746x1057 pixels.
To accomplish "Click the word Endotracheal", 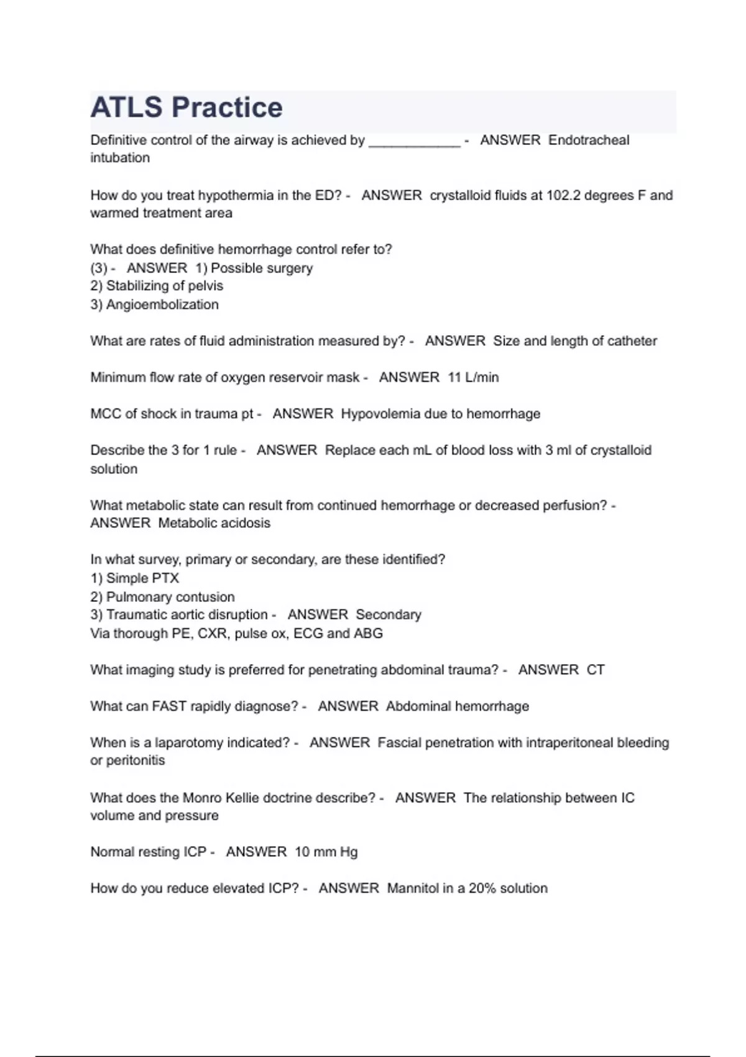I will coord(589,141).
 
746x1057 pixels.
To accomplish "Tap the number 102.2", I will coord(564,195).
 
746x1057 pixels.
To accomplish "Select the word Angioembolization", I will coord(162,305).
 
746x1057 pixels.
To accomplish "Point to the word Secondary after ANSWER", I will coord(389,615).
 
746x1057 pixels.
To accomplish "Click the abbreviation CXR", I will coord(213,634).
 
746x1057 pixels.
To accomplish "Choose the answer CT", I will coord(596,670).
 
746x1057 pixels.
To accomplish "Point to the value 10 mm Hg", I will coord(326,852).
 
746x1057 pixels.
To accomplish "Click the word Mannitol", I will coord(413,889).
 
